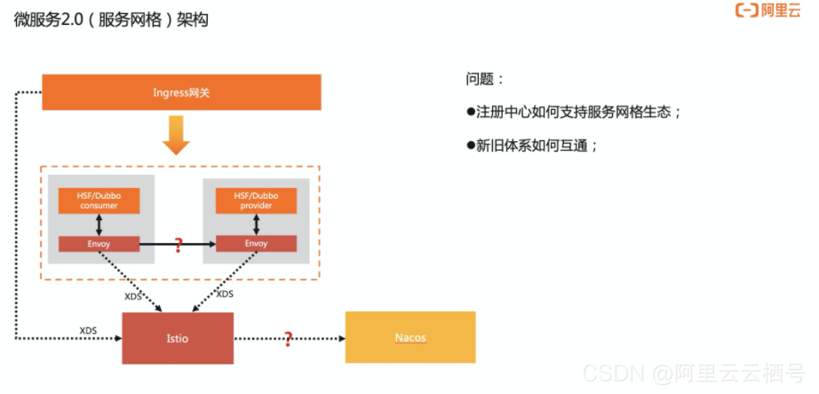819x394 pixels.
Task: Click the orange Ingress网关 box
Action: coord(181,92)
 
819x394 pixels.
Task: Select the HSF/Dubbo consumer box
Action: coord(99,201)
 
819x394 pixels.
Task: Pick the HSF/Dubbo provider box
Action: coord(256,201)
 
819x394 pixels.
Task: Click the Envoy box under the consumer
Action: coord(99,243)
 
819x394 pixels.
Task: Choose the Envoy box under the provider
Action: coord(256,243)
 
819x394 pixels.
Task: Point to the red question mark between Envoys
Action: coord(179,245)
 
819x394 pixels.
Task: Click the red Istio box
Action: coord(178,338)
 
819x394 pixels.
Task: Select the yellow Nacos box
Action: coord(409,337)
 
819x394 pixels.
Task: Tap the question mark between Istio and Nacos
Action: coord(288,338)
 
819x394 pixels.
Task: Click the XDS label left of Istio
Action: coord(88,330)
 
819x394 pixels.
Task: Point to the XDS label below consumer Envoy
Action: coord(132,296)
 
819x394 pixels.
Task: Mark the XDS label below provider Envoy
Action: coord(225,294)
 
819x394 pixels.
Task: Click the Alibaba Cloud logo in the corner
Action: coord(767,12)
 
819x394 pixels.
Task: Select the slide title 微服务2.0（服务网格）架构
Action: coord(111,20)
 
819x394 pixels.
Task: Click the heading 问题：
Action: coord(485,79)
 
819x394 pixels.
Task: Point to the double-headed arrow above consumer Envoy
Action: coord(99,224)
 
